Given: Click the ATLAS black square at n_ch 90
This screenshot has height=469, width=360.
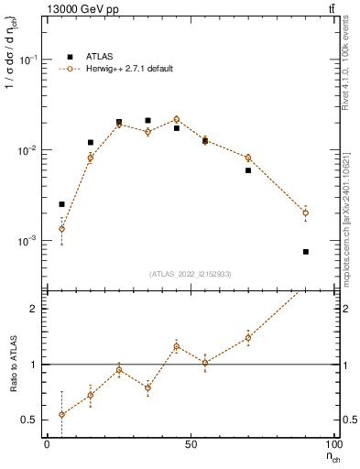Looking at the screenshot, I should pos(305,252).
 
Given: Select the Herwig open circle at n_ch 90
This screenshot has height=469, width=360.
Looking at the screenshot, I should pos(305,213).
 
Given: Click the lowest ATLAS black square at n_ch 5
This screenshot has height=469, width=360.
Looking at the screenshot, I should pos(61,204).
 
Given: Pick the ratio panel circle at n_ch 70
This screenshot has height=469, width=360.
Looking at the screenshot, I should pos(247,337).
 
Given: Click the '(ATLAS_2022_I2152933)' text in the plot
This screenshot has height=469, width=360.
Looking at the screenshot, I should pos(191,274).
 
